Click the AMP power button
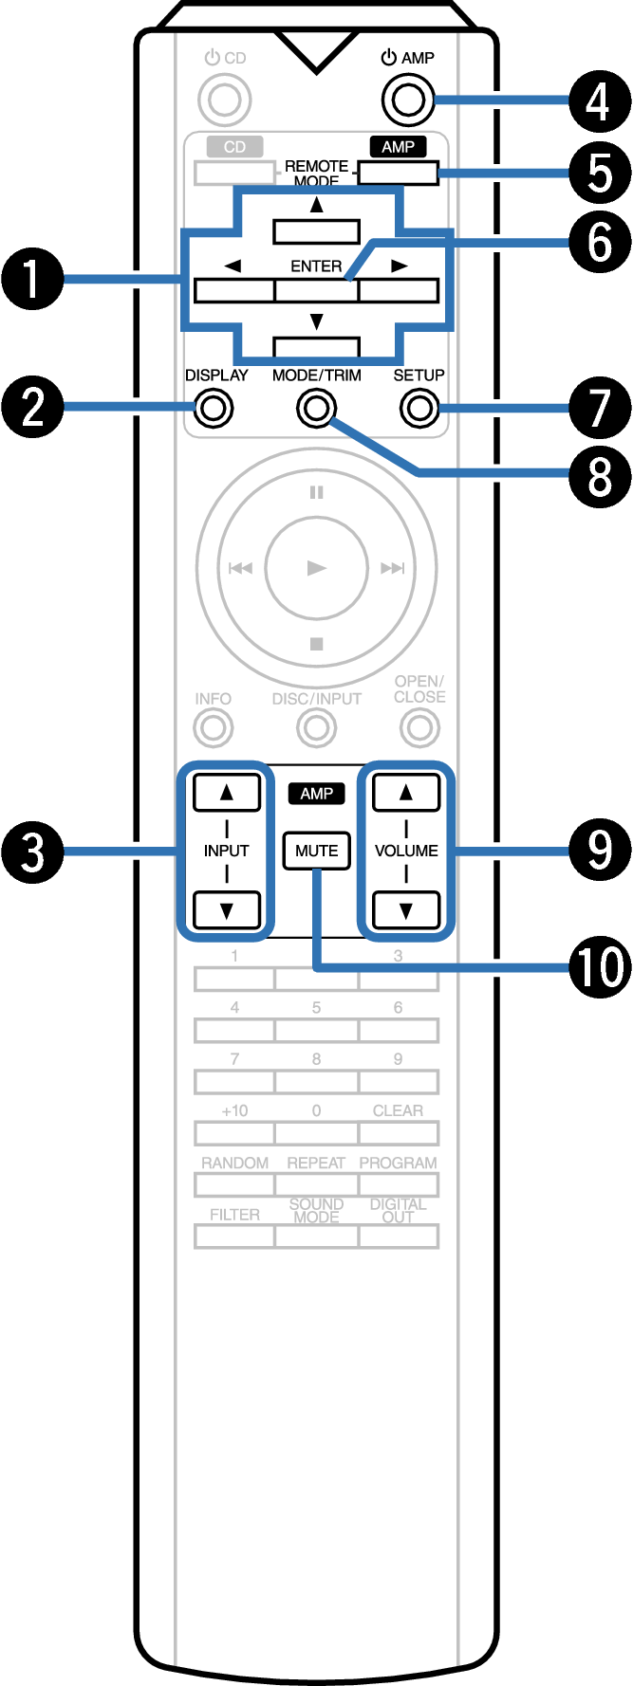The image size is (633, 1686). pos(407,99)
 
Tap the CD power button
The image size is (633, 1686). pos(225,99)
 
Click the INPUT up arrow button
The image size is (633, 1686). pos(227,793)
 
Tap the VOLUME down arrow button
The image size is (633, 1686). pos(406,910)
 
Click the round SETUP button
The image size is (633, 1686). pos(419,409)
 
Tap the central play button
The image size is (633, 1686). pos(316,568)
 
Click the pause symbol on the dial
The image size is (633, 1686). pos(316,492)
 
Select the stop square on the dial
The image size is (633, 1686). pos(317,644)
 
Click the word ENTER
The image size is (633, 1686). pos(316,266)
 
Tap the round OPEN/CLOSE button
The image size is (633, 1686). pos(419,728)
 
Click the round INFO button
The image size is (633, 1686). pos(214,728)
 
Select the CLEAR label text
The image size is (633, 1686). pos(398,1110)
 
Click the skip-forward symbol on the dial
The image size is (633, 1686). pos(392,568)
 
